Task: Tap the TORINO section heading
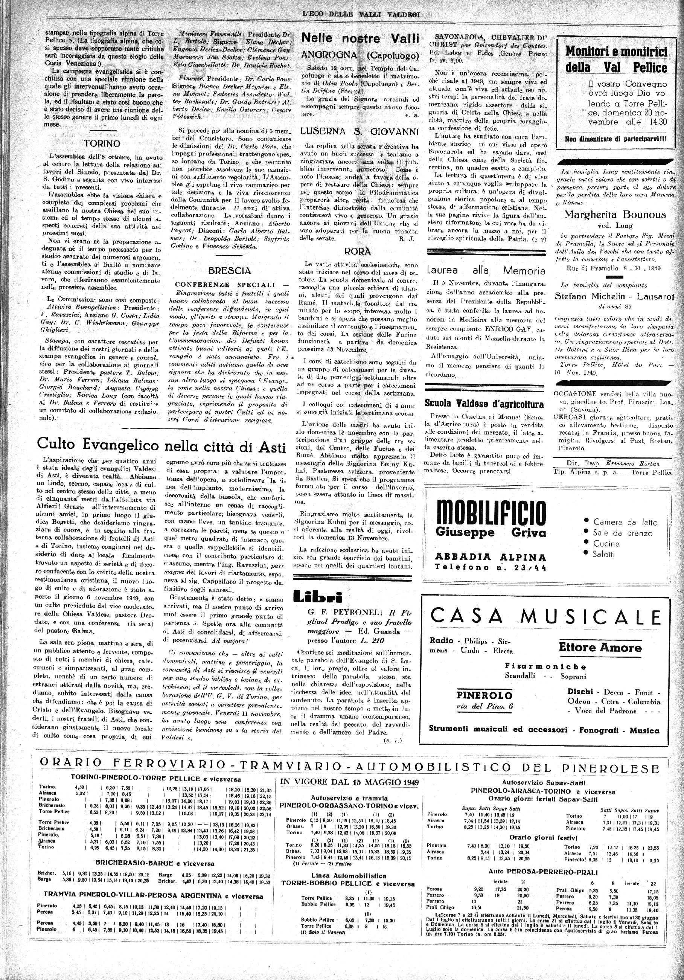102,143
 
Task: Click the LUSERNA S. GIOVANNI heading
360,131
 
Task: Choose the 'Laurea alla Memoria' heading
486,270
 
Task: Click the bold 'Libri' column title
318,597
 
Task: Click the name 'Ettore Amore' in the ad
600,648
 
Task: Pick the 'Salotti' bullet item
604,554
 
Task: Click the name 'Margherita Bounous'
615,214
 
